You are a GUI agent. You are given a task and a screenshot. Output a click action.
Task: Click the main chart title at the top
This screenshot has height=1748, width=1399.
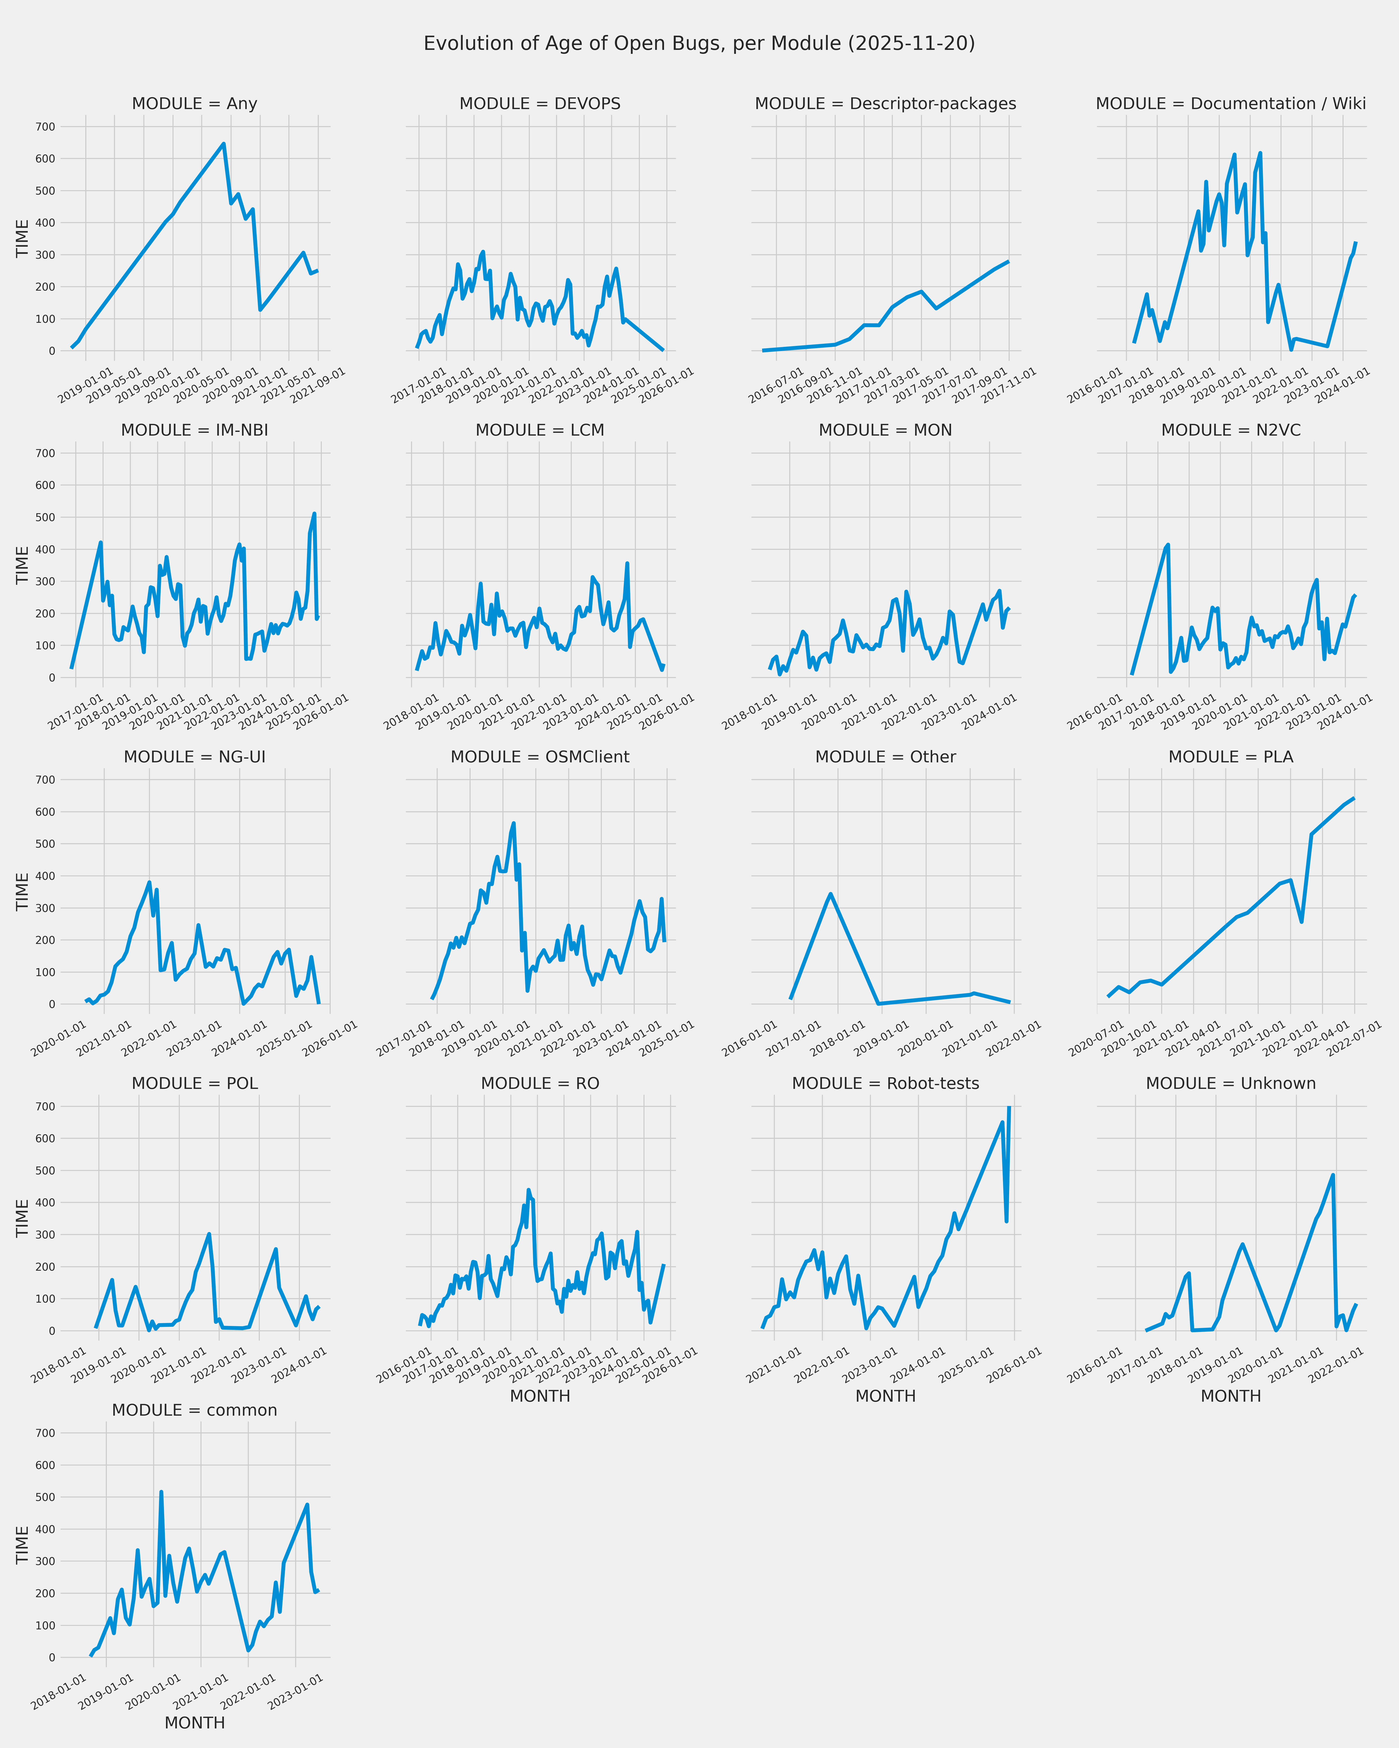(x=699, y=44)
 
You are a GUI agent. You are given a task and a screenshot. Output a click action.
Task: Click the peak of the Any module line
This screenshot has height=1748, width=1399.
(x=224, y=144)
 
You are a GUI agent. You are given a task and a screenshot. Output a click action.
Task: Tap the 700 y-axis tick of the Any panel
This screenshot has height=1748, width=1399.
(x=45, y=127)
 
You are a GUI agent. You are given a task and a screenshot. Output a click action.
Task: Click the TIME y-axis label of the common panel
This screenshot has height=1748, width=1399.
(x=23, y=1545)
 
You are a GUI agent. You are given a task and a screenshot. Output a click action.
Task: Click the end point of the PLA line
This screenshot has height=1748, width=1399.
(x=1354, y=798)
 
